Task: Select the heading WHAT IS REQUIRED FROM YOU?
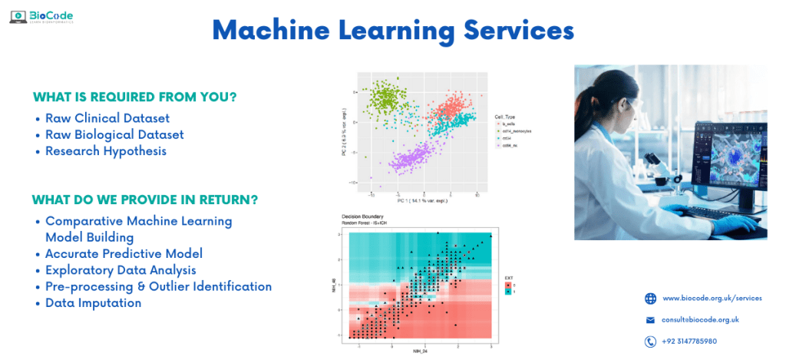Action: click(x=134, y=97)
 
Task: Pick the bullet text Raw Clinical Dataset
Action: click(x=107, y=118)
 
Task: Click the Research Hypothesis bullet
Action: click(x=105, y=150)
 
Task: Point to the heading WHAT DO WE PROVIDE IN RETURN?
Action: click(x=144, y=200)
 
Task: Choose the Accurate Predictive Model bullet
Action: click(x=124, y=253)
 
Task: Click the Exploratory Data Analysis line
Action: click(x=121, y=270)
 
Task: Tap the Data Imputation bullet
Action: click(x=93, y=303)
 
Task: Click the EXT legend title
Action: click(x=508, y=277)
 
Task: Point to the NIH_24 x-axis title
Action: click(x=421, y=351)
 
